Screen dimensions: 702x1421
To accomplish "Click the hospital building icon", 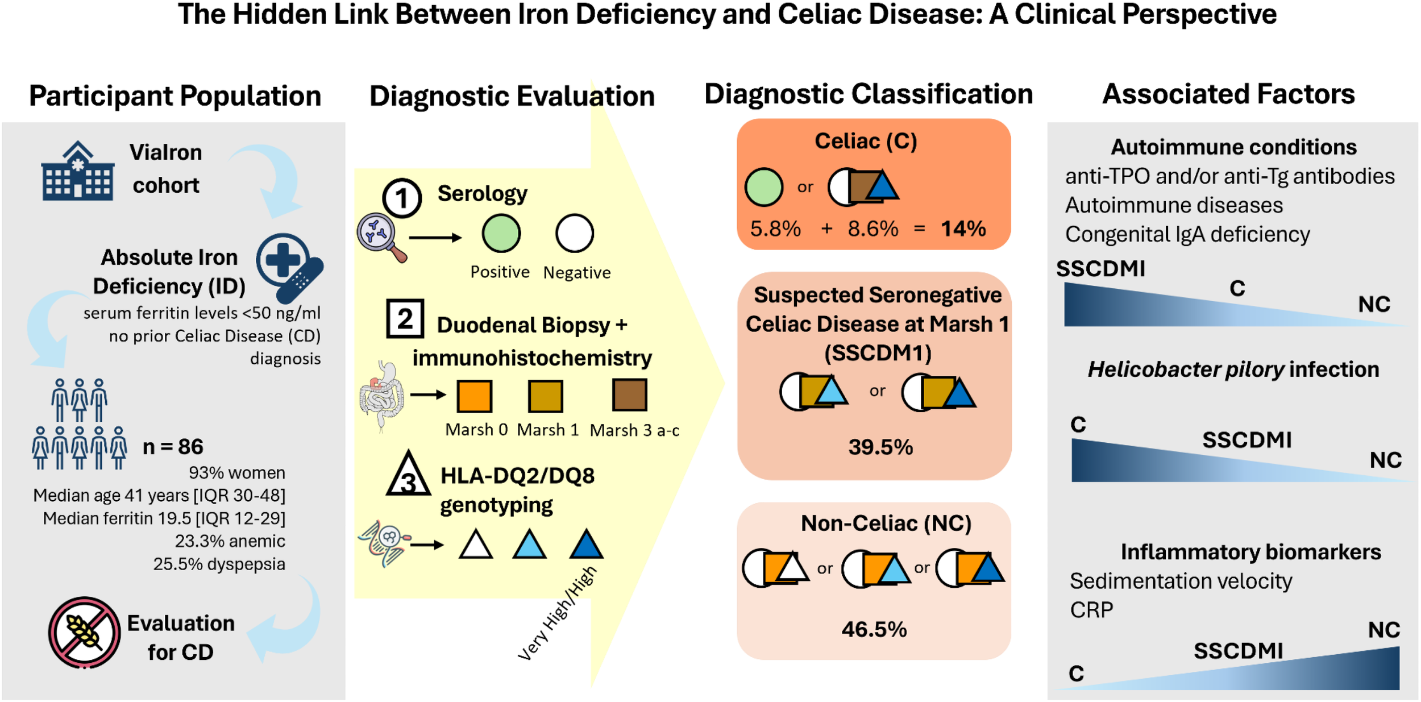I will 78,171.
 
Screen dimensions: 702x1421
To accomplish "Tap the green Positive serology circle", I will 501,234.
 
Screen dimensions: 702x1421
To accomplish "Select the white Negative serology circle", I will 574,234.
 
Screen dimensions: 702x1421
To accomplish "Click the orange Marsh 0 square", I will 474,396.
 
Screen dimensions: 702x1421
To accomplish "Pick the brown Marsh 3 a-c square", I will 629,395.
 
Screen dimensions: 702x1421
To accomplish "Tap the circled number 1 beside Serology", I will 402,198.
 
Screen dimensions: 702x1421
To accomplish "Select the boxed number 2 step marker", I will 405,319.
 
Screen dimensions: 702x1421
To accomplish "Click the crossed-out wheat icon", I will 84,632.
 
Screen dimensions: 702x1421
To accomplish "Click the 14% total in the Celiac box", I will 963,229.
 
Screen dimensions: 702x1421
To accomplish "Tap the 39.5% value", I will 880,447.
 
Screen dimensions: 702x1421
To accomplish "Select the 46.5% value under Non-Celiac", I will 874,629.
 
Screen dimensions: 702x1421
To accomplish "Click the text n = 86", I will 173,447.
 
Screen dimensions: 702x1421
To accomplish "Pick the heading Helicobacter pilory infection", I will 1233,369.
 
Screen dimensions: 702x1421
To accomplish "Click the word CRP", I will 1091,610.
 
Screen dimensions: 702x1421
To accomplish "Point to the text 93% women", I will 236,473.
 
